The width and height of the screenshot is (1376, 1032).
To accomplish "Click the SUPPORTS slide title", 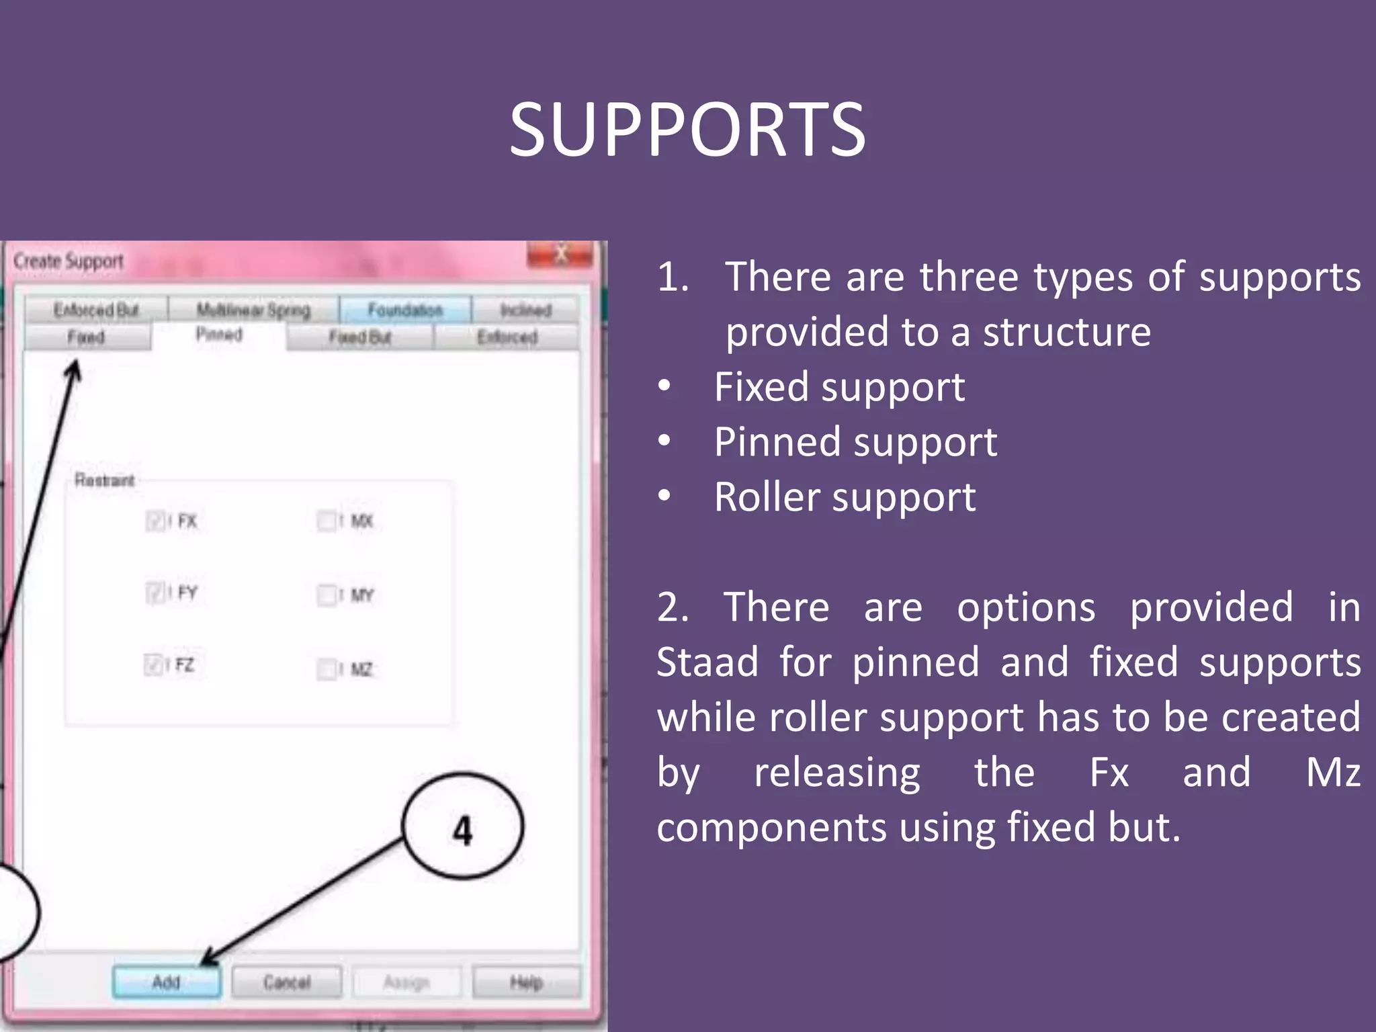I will point(687,130).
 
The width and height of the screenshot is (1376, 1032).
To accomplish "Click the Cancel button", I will point(287,982).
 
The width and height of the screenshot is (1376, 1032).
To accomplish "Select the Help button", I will point(526,982).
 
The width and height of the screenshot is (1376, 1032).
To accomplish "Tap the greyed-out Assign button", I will point(406,982).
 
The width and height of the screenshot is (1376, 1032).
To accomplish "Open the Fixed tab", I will point(87,337).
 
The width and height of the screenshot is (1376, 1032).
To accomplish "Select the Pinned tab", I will point(219,334).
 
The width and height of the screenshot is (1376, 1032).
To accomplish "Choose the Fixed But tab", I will point(359,337).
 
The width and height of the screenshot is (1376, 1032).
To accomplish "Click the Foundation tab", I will point(405,310).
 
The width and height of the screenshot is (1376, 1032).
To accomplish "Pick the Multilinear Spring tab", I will point(253,310).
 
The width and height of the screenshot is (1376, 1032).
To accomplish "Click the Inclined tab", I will point(525,310).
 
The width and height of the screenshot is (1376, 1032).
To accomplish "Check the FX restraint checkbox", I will point(155,521).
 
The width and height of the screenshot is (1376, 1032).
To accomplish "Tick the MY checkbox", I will point(327,595).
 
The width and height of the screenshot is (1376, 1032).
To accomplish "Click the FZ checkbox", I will point(153,664).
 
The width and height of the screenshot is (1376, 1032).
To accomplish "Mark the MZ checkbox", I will point(327,669).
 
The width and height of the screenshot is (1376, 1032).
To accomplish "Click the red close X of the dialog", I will point(560,255).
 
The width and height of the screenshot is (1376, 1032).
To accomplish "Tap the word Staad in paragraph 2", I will point(707,662).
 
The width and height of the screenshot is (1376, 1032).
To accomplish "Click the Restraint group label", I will point(104,480).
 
